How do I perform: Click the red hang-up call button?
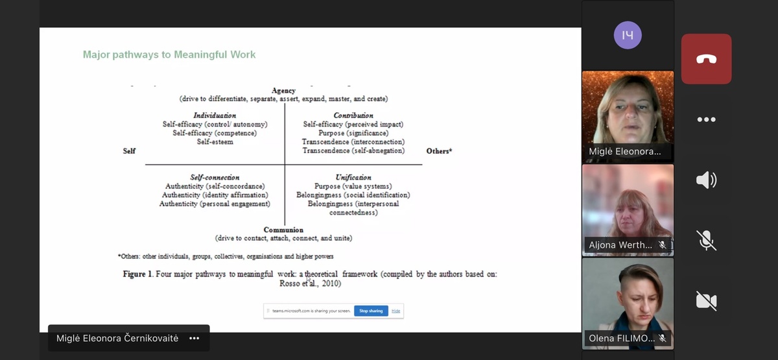pos(706,59)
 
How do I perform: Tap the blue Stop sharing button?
pos(371,311)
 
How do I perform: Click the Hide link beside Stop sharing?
pos(395,311)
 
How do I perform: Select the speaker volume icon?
pos(706,180)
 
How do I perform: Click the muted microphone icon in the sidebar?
pos(706,240)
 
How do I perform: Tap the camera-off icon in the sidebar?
pos(706,300)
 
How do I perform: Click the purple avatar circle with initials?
pos(627,35)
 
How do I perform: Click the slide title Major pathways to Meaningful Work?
pos(169,54)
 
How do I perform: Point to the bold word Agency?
pos(283,91)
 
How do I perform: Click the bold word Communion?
pos(283,230)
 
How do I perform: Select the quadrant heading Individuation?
pos(215,115)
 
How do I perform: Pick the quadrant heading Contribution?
pos(353,115)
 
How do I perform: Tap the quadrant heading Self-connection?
pos(215,177)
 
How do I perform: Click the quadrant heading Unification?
pos(353,177)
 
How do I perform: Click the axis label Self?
pos(129,151)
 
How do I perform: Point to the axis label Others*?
pos(439,151)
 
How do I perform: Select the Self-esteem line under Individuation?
pos(215,141)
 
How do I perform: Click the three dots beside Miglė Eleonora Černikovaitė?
pos(194,338)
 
